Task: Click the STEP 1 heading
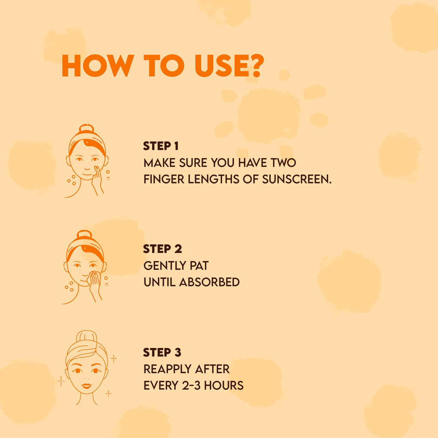161,146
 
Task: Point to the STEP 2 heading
162,249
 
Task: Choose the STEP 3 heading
162,352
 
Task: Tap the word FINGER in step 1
164,179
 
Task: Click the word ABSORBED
209,282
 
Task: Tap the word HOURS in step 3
224,385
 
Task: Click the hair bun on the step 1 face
86,129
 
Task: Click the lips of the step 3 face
87,386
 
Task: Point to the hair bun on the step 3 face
87,337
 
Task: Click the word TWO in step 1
283,163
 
